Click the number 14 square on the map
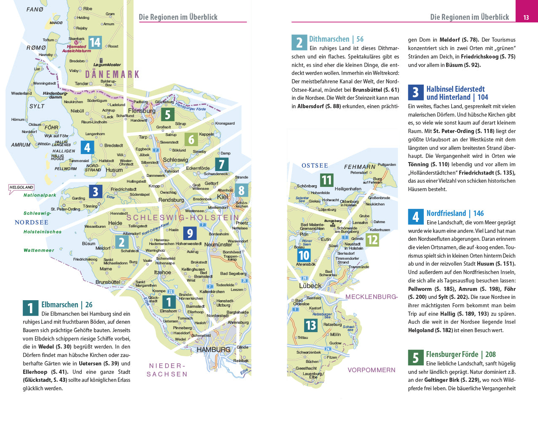pos(95,42)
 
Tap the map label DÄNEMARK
pos(112,75)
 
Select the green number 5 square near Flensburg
pos(167,114)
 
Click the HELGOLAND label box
pos(21,187)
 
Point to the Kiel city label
pos(222,197)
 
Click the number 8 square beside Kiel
pos(241,190)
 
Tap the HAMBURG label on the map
pos(213,349)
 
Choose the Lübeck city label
pos(310,285)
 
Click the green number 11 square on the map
pos(327,180)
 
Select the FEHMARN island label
pos(359,167)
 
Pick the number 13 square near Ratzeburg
pos(310,325)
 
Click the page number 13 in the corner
pos(526,17)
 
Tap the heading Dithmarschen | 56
pos(336,39)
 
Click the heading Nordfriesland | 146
pos(455,213)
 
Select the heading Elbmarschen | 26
pos(67,304)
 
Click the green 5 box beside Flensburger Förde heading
pos(415,357)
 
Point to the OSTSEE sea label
pos(315,165)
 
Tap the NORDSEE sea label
pos(32,222)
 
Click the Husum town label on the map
pos(114,170)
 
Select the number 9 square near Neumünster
pos(190,233)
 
